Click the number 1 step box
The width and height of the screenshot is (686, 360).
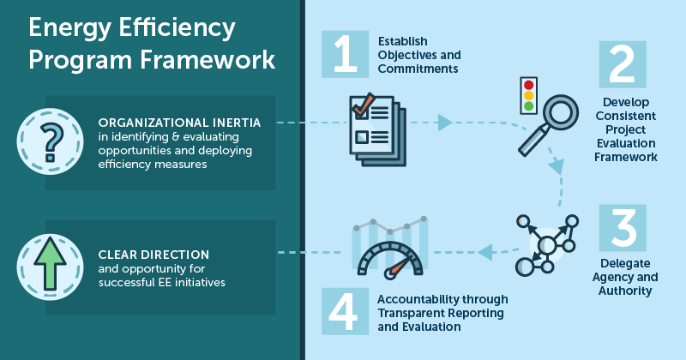[x=345, y=53]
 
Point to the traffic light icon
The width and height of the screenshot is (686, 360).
[x=528, y=94]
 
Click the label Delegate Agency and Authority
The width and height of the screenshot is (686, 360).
[x=623, y=277]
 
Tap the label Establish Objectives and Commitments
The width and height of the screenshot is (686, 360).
[x=419, y=55]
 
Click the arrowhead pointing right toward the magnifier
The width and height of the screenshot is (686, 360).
[x=444, y=123]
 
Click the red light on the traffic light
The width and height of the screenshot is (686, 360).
[x=528, y=85]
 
